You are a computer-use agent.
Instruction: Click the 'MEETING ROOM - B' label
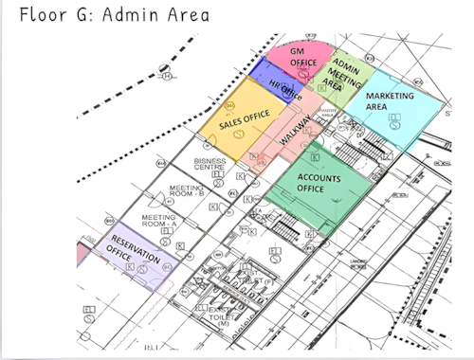(x=186, y=193)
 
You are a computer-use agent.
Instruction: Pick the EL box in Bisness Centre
(x=218, y=175)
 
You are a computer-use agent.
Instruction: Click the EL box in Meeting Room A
(x=167, y=230)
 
